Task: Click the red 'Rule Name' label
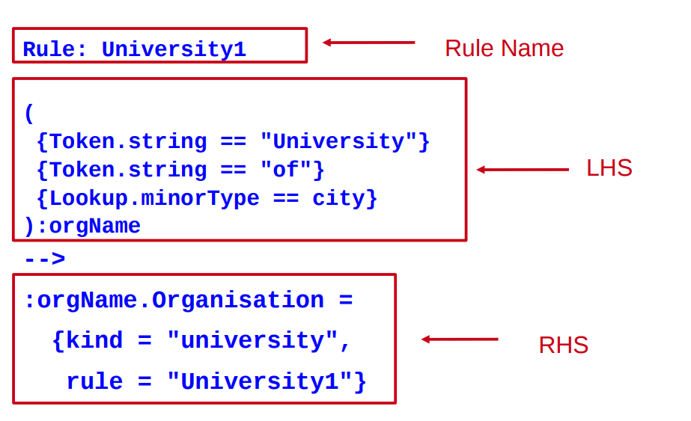504,49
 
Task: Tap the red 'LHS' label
609,168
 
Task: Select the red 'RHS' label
563,345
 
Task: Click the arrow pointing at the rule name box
368,43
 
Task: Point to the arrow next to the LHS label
523,170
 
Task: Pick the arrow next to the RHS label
460,339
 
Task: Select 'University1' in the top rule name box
174,50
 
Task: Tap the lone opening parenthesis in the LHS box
29,114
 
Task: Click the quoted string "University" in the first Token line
338,142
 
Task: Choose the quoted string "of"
285,170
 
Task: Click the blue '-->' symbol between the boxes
44,259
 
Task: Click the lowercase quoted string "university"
252,341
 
